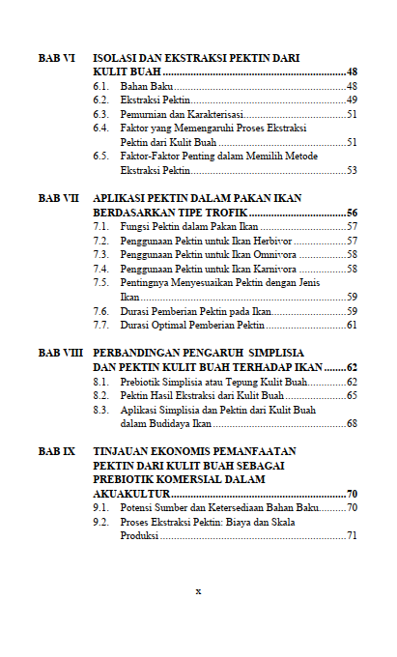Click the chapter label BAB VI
[x=57, y=58]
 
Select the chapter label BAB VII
[x=59, y=198]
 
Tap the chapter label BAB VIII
[x=61, y=354]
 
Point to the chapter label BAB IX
[x=57, y=451]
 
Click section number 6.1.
[x=100, y=87]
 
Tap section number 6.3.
[x=100, y=114]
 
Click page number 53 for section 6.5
[x=353, y=170]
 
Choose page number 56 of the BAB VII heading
[x=353, y=212]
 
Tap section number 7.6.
[x=100, y=311]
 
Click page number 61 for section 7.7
[x=353, y=325]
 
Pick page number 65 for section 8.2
[x=353, y=395]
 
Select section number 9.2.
[x=100, y=522]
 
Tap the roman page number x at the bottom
[x=198, y=590]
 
